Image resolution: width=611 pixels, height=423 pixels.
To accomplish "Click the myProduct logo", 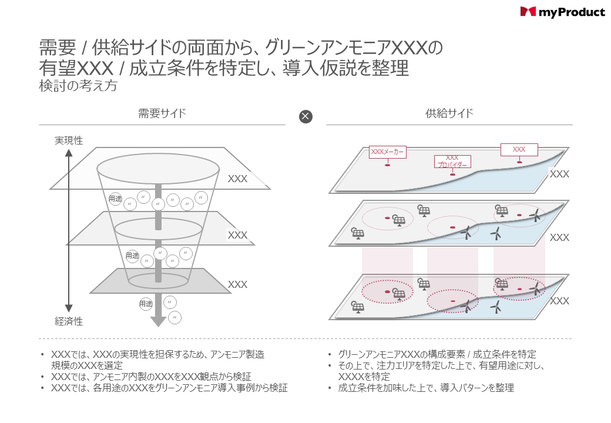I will [x=562, y=12].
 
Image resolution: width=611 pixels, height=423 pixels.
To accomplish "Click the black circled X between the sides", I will [x=305, y=116].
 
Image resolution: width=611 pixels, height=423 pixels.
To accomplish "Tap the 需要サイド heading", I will [x=162, y=113].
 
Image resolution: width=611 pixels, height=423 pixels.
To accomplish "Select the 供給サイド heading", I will [x=449, y=113].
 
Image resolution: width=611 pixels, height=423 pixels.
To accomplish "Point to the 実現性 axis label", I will [x=69, y=141].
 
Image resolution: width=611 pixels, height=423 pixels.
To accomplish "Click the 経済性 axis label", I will [x=69, y=321].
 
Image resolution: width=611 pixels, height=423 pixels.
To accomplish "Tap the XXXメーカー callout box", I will [x=387, y=152].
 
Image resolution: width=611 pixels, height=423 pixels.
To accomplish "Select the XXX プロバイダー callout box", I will [x=452, y=162].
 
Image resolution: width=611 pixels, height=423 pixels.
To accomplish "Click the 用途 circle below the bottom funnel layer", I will [x=146, y=304].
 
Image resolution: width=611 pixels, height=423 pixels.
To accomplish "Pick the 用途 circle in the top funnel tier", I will [x=115, y=199].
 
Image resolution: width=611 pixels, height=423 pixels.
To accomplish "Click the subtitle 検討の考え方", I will [x=78, y=86].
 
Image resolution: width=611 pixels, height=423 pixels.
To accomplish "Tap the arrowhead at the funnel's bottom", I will [x=158, y=321].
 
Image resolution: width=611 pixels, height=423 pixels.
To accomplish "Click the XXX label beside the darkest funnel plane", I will [x=237, y=284].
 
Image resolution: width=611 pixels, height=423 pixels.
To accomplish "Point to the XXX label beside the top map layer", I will [x=559, y=174].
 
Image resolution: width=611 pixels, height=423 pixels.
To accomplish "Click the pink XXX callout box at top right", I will [x=519, y=149].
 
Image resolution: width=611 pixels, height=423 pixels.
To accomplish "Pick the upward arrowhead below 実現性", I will [x=69, y=153].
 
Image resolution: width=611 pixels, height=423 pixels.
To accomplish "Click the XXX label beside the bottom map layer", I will [x=559, y=301].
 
